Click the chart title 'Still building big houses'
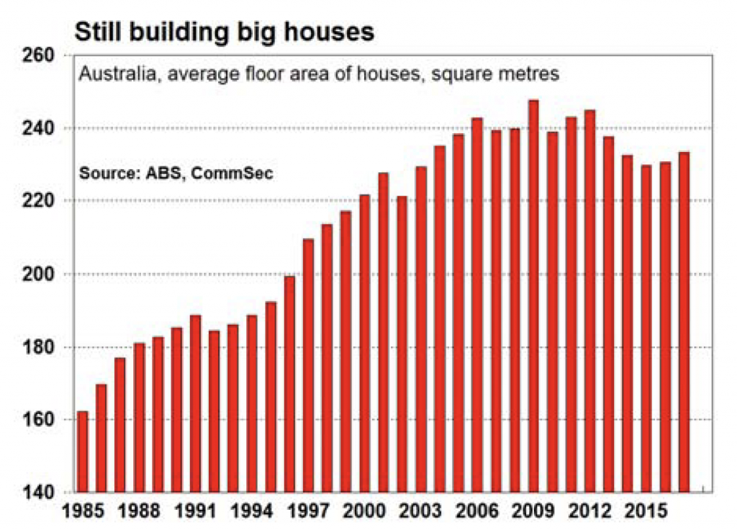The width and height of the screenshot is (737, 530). pyautogui.click(x=225, y=32)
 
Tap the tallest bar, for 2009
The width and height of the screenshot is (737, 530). pyautogui.click(x=533, y=296)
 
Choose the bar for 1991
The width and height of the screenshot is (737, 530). pyautogui.click(x=195, y=404)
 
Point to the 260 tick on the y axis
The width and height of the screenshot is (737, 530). pyautogui.click(x=40, y=55)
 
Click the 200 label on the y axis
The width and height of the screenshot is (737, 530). pyautogui.click(x=40, y=274)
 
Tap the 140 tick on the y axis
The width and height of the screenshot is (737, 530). pyautogui.click(x=40, y=493)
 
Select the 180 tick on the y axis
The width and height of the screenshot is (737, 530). pyautogui.click(x=40, y=347)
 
